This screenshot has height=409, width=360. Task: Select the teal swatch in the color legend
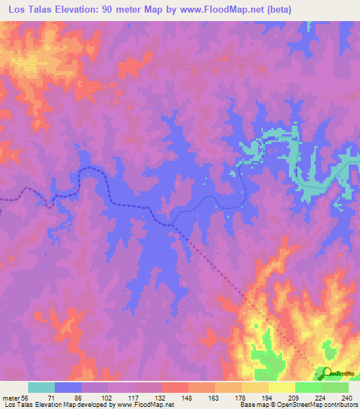point(41,387)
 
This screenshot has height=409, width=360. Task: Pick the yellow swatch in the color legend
point(281,387)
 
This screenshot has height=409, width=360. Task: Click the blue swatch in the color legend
point(68,387)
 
